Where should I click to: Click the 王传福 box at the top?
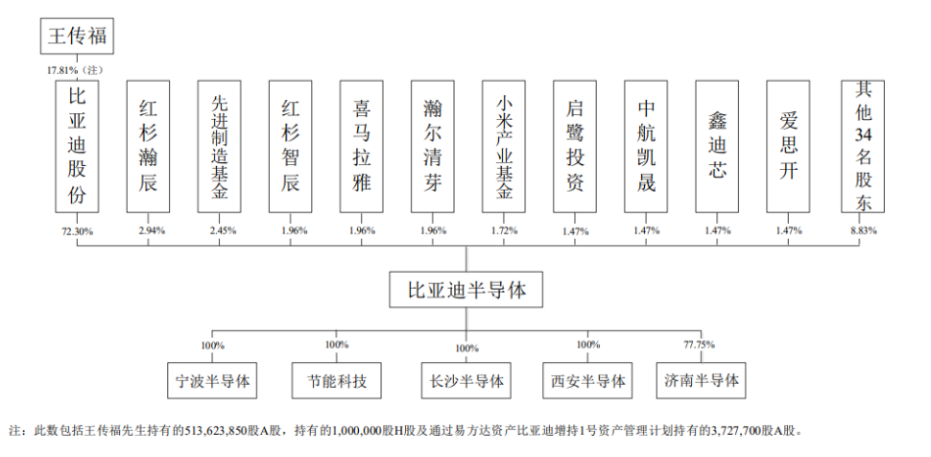(77, 36)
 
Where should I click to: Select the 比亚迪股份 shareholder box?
(77, 146)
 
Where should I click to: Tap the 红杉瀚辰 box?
(148, 146)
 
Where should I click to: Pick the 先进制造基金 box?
(219, 146)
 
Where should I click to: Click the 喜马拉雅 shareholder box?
(362, 146)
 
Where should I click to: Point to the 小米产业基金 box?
(504, 146)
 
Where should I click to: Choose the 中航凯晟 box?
(646, 146)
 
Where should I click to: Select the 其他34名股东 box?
(863, 146)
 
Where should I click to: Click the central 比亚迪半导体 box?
(466, 289)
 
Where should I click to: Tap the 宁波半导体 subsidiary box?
(212, 380)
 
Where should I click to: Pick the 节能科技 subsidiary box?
(337, 380)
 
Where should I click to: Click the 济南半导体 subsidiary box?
(702, 380)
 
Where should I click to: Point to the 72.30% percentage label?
(77, 231)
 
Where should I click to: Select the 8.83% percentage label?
(863, 230)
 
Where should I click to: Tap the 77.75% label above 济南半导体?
(701, 344)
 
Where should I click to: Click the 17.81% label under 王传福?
(62, 70)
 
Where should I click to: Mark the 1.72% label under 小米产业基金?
(505, 230)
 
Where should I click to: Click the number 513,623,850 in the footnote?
(219, 430)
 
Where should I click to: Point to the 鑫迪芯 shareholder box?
(717, 146)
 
